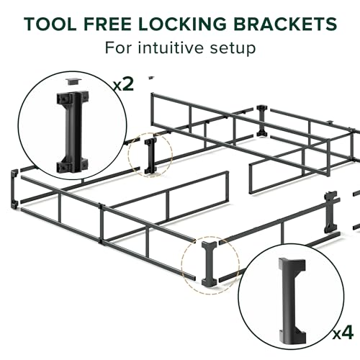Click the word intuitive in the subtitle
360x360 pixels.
point(171,48)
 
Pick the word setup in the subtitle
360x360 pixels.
point(233,49)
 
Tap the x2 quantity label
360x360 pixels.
point(123,84)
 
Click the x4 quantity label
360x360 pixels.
point(343,333)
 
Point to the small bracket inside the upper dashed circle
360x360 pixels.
point(150,156)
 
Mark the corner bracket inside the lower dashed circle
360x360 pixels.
point(210,264)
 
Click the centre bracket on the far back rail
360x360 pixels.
point(261,121)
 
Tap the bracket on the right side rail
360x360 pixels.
point(330,212)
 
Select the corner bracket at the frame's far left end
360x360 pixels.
point(14,189)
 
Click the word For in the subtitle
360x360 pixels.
point(118,48)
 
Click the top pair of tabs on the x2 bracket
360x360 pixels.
point(72,97)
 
